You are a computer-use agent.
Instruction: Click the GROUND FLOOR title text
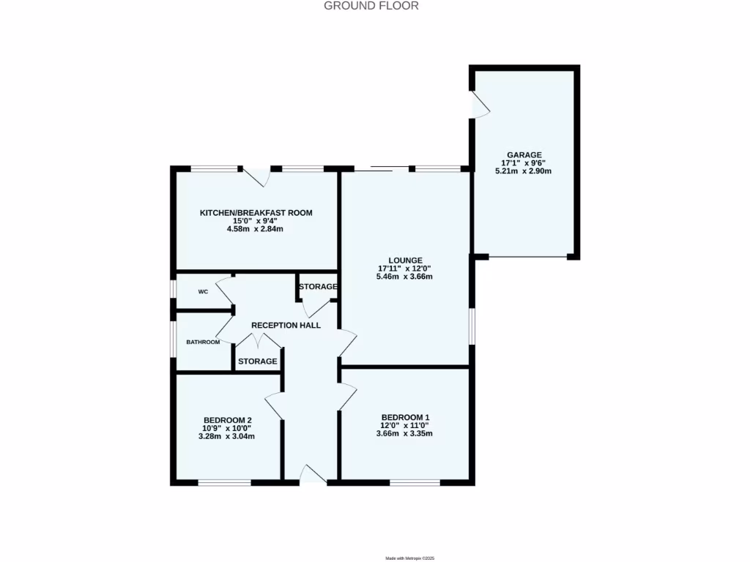(371, 6)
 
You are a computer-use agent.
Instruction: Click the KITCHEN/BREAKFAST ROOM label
(256, 213)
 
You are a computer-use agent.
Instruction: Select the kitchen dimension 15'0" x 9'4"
(256, 221)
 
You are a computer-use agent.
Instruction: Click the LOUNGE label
(405, 260)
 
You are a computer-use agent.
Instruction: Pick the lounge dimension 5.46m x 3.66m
(404, 277)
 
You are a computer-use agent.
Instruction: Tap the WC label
(204, 291)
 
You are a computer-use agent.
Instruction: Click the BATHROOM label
(203, 342)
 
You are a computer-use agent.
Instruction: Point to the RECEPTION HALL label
(286, 325)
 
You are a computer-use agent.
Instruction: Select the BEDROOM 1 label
(404, 417)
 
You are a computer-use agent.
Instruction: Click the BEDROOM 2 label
(227, 420)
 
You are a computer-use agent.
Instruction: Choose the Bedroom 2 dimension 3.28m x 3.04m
(227, 436)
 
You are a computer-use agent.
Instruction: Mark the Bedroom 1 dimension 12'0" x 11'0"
(404, 425)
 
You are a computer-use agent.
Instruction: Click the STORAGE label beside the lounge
(318, 286)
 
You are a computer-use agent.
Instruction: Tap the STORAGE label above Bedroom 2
(258, 361)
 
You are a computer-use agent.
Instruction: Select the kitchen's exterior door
(257, 176)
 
